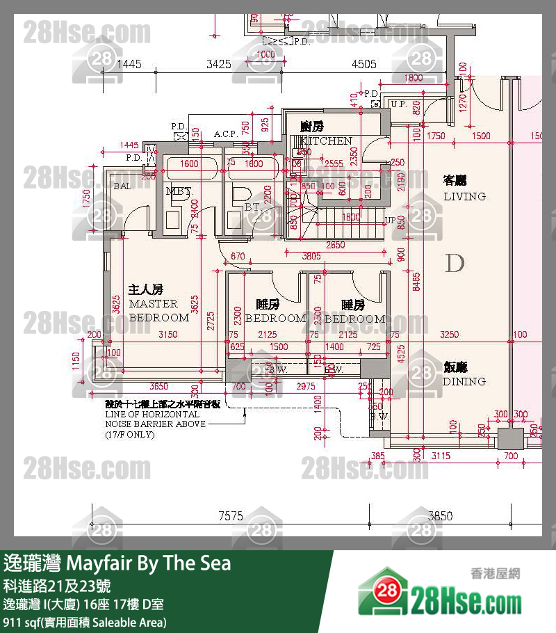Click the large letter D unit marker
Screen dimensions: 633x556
[x=455, y=264]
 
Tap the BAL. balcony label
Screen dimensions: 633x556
[x=124, y=186]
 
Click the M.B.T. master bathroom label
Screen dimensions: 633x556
[x=178, y=191]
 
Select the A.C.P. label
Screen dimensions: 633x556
[x=224, y=134]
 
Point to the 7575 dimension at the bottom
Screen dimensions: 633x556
[x=230, y=515]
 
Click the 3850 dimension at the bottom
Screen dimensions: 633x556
[x=440, y=515]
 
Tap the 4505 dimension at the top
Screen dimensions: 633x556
[x=364, y=64]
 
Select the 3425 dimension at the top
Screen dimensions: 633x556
[x=218, y=64]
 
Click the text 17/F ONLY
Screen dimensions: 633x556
[x=130, y=435]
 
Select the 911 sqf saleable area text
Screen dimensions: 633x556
[x=85, y=622]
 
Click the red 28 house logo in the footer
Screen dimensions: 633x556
[x=384, y=592]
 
